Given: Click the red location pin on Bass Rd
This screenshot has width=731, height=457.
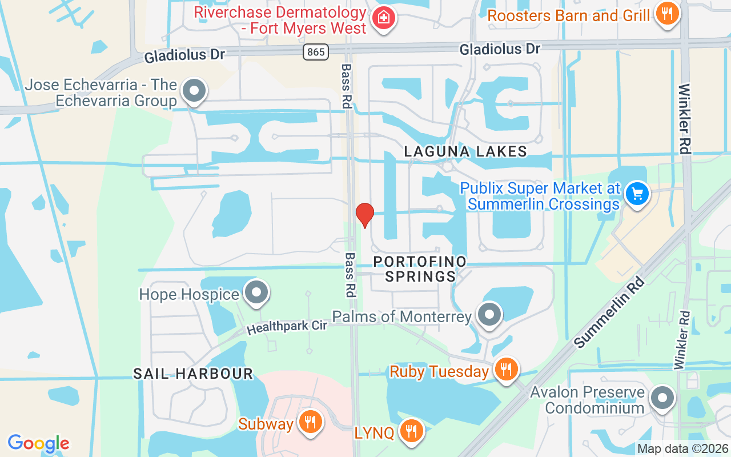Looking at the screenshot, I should [364, 215].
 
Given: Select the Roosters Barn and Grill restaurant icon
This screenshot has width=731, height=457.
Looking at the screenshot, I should [666, 13].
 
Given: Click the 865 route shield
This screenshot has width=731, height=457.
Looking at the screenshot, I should [315, 53].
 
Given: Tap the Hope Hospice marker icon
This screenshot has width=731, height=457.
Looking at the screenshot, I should [256, 293].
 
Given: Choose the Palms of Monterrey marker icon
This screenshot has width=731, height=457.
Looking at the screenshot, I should [489, 315].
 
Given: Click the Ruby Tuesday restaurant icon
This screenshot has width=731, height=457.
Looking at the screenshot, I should [505, 370].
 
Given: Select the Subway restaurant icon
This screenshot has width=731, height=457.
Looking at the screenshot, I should [310, 423].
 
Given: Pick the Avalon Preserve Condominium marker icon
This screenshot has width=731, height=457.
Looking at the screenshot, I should [662, 398].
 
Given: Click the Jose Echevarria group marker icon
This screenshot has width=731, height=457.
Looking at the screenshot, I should [194, 91].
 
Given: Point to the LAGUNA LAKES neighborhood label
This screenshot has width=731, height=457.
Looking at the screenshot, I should [465, 151].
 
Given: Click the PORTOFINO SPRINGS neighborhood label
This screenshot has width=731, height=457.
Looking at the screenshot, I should [420, 269].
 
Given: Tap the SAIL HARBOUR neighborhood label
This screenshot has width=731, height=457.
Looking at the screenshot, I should [193, 374].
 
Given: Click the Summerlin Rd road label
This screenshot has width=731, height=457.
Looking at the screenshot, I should [609, 313].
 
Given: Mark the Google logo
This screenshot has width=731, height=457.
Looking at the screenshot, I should [38, 443].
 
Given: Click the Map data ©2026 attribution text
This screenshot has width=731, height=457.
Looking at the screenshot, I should [683, 449].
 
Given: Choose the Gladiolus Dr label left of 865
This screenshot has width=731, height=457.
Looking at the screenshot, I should [184, 55].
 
